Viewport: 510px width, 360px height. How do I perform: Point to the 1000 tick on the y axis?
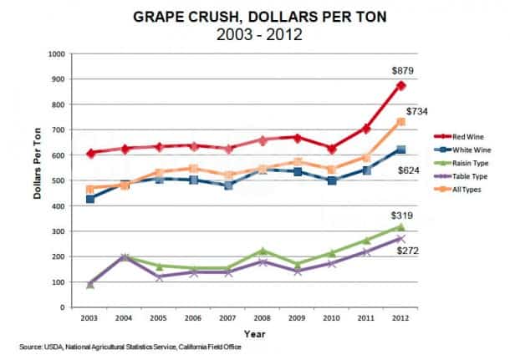57,54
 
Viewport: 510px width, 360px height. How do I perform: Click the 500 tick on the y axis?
59,181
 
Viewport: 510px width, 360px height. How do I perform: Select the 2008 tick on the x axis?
261,319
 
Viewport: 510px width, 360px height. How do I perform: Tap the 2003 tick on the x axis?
89,319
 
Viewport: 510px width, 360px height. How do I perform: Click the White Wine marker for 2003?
89,199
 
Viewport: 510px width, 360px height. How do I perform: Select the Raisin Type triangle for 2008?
261,251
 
